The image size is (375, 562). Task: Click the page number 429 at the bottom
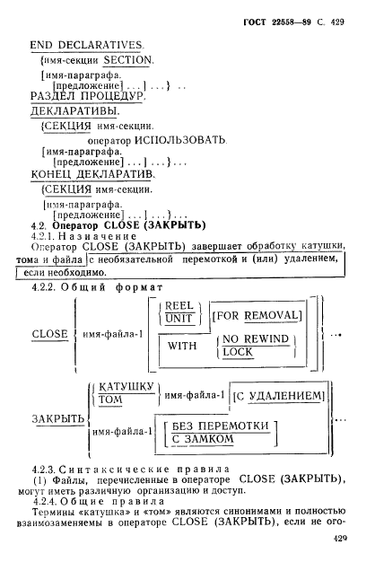(340, 538)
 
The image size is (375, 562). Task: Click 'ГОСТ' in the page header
(255, 22)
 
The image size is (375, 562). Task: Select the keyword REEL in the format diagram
(179, 306)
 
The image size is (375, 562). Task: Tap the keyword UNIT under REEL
(179, 319)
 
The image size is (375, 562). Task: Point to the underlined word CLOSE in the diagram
(49, 334)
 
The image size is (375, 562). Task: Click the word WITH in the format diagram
(182, 346)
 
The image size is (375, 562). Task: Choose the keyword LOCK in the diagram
(238, 352)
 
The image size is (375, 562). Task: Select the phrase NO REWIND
(256, 338)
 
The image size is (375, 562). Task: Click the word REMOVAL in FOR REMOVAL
(271, 315)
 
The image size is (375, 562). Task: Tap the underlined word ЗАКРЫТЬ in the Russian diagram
(58, 418)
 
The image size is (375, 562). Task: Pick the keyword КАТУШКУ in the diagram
(126, 387)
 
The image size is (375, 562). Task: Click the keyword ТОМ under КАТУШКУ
(110, 400)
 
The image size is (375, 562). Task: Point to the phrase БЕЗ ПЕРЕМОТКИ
(221, 426)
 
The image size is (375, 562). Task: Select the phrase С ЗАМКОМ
(203, 438)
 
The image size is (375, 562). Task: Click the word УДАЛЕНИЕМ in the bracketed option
(285, 396)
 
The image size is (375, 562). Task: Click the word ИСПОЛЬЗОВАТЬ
(179, 140)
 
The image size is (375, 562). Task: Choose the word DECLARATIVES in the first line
(100, 45)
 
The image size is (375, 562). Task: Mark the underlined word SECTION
(128, 60)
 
